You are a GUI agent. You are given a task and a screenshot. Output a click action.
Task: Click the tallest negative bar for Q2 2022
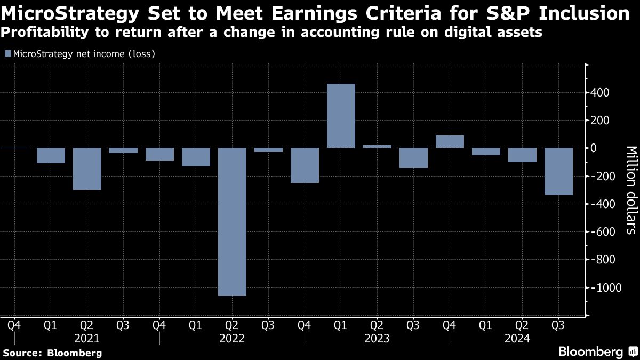232,221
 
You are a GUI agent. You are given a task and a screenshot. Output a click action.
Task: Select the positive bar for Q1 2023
341,116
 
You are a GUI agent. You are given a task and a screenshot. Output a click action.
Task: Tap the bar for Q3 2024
558,171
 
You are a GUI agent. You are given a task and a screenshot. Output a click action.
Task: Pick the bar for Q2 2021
87,169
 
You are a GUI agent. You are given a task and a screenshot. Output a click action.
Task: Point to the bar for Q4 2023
450,142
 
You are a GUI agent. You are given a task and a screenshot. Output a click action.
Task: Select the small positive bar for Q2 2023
377,146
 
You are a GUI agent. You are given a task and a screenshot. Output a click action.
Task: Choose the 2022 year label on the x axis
232,339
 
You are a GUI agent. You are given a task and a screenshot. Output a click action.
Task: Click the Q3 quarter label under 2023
413,324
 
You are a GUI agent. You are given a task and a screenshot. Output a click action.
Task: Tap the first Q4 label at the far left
14,324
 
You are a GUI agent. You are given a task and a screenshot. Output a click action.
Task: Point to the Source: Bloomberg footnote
52,353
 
